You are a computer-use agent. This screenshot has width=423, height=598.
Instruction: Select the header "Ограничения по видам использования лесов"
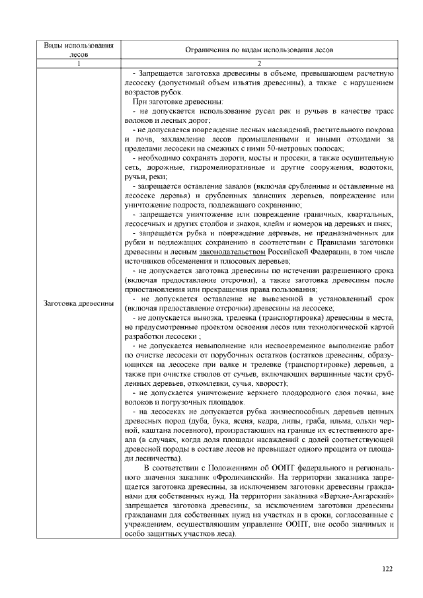pyautogui.click(x=258, y=50)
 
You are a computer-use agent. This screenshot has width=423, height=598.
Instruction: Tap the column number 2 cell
pyautogui.click(x=258, y=63)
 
